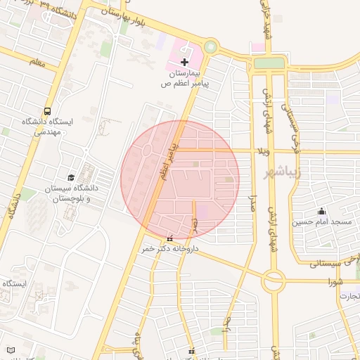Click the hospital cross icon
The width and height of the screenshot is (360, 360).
click(185, 63)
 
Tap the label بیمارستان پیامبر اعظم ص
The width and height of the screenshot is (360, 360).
click(185, 78)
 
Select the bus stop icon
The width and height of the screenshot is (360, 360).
click(47, 111)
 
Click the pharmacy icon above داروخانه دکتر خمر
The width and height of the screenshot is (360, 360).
click(169, 238)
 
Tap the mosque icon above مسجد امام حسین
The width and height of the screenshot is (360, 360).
click(322, 211)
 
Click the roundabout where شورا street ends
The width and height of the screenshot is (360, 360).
click(273, 282)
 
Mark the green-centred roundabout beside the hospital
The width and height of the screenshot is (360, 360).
click(210, 48)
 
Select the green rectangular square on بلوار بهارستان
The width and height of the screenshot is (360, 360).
click(269, 63)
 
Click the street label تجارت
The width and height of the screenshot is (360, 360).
click(349, 296)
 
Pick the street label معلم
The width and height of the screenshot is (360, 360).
click(37, 63)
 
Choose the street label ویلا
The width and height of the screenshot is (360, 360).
click(264, 151)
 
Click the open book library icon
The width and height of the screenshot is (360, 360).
click(10, 349)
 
